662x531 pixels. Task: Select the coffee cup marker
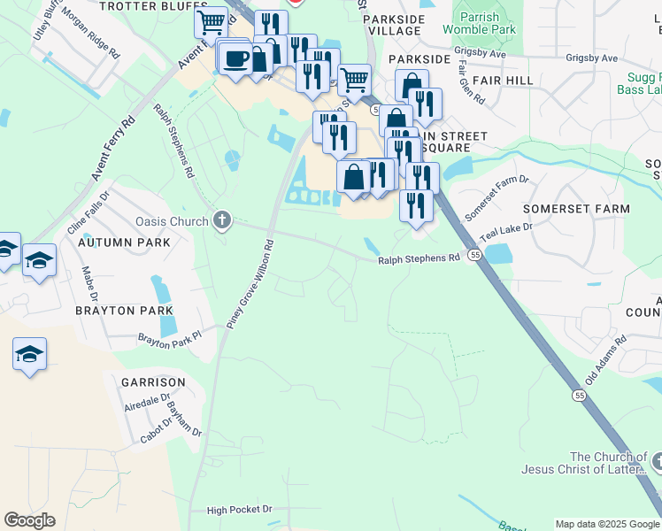[235, 59]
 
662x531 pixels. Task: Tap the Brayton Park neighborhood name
[118, 311]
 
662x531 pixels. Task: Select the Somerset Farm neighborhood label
[576, 209]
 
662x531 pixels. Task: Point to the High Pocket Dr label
[240, 510]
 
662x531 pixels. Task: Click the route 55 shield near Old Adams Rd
[591, 395]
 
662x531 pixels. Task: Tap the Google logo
[29, 520]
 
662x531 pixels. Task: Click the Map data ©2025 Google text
[607, 524]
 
